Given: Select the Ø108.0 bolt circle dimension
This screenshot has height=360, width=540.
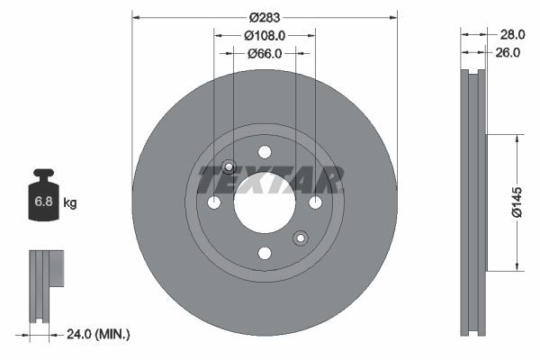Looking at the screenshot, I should [x=265, y=35].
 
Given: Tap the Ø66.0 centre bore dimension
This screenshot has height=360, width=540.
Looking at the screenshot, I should [x=265, y=53].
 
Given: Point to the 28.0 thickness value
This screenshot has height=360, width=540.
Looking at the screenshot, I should [x=511, y=34].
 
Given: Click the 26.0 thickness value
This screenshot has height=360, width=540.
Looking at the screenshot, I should [x=508, y=53].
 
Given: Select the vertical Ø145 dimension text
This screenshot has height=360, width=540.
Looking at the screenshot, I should [x=517, y=202].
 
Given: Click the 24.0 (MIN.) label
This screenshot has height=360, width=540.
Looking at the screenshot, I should [x=98, y=334].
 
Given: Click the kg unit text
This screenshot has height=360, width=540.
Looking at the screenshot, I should [x=70, y=203].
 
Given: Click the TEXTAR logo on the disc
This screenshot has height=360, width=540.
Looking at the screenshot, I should [x=270, y=180].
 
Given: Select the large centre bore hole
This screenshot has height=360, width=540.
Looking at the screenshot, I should [x=265, y=202].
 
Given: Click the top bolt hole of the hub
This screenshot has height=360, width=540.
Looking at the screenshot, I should [x=265, y=152].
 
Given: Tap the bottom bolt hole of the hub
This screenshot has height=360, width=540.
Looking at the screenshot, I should [x=265, y=253].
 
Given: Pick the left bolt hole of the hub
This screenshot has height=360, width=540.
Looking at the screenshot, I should [x=214, y=202].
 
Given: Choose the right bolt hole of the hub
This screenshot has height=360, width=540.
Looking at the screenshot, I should [x=315, y=202].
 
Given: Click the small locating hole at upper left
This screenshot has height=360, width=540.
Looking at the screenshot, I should [x=229, y=166].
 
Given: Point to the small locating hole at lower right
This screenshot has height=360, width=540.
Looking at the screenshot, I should [x=301, y=238].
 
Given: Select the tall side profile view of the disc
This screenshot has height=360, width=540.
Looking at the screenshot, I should [x=472, y=202].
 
